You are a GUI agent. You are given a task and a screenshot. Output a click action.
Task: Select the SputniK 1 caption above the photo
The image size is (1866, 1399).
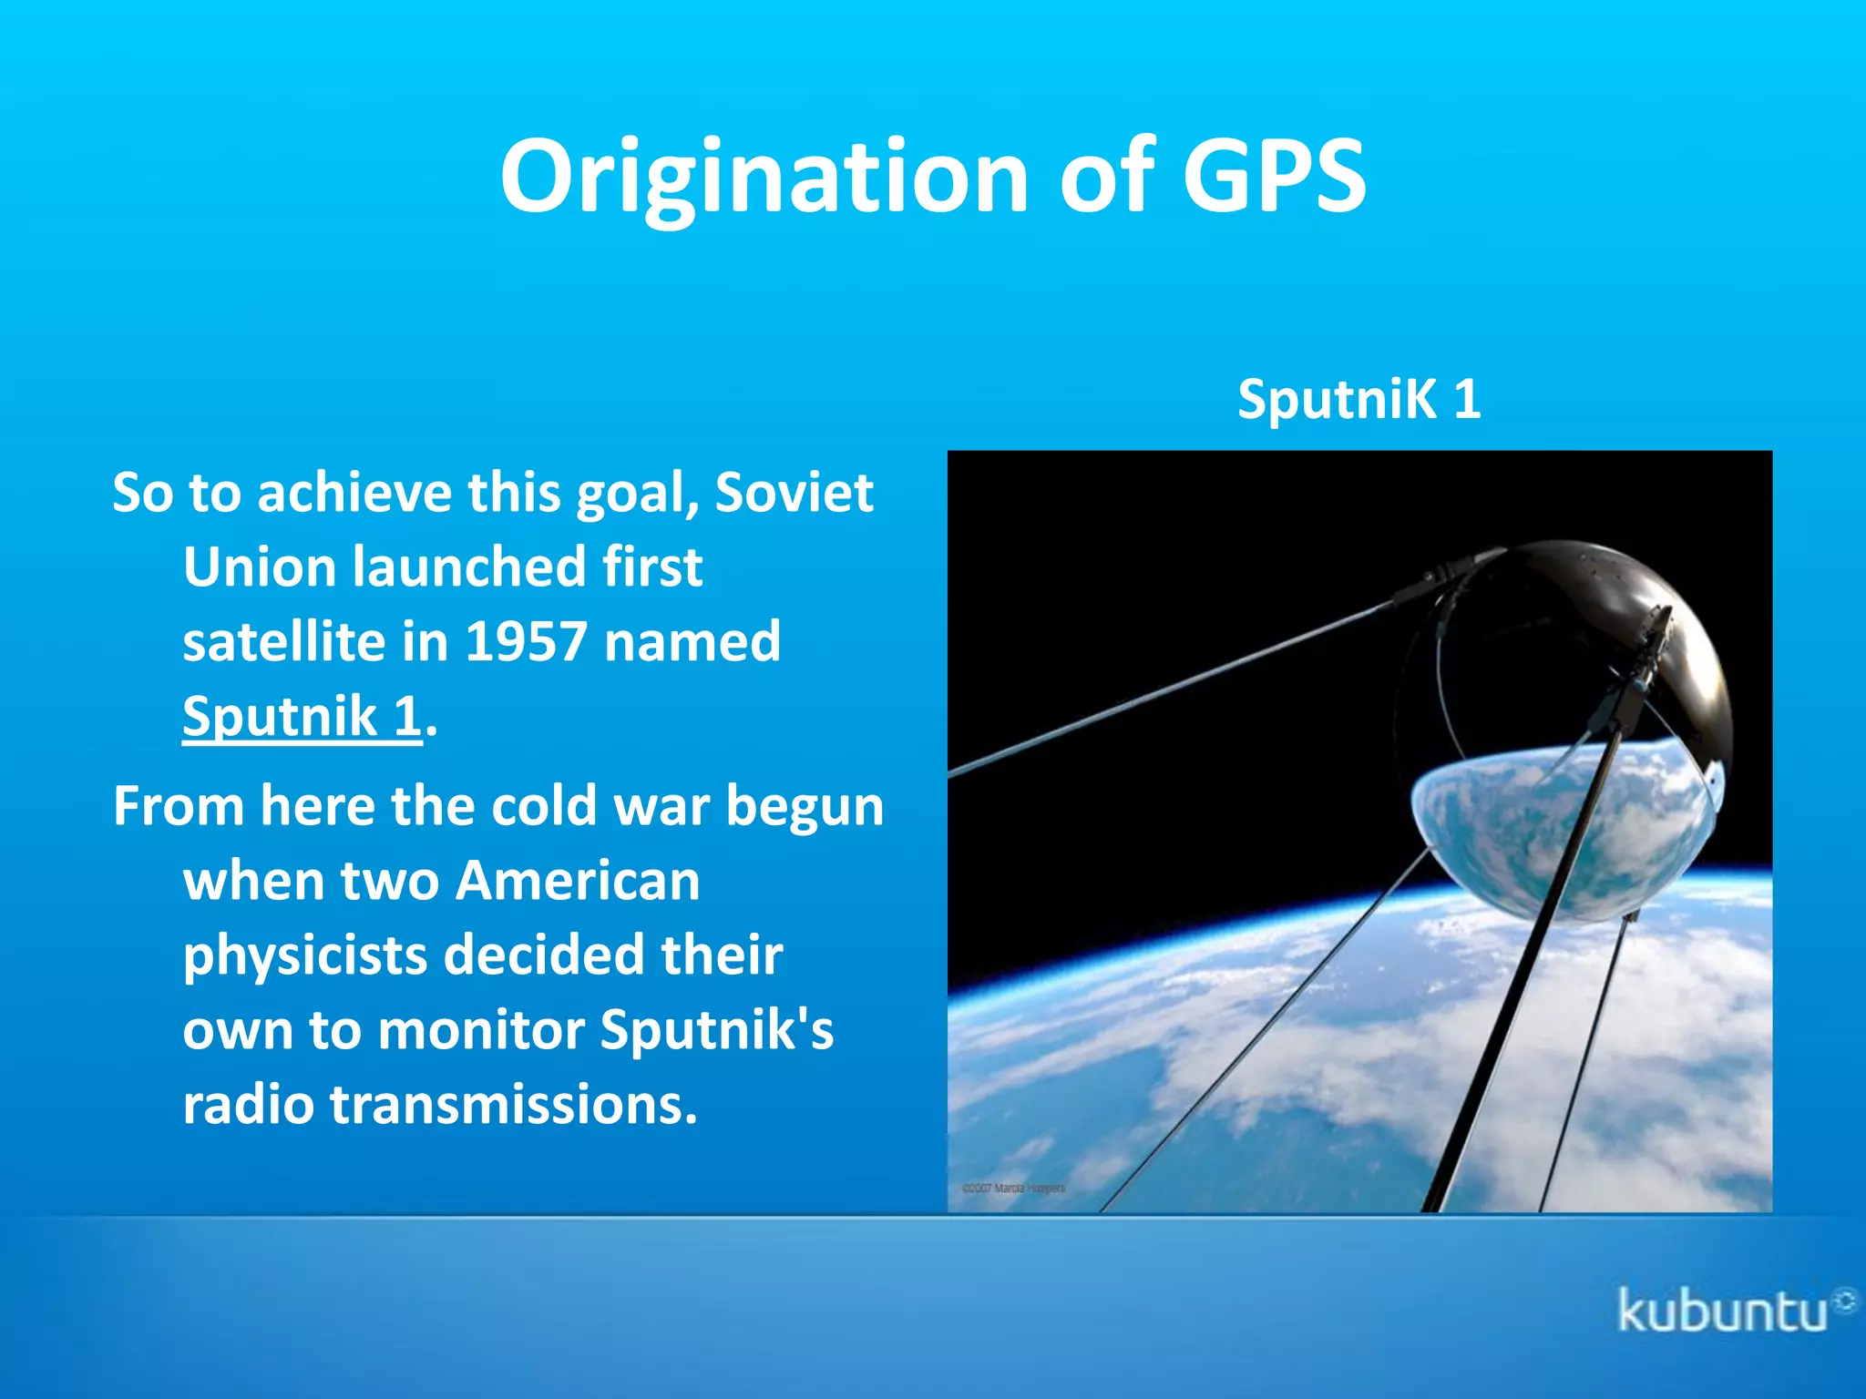click(x=1358, y=399)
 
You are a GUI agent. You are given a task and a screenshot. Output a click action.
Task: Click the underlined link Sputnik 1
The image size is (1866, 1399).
click(x=302, y=716)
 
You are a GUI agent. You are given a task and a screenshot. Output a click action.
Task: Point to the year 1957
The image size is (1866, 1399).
click(x=526, y=641)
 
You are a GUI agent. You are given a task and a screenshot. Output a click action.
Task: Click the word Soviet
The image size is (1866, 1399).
click(x=794, y=493)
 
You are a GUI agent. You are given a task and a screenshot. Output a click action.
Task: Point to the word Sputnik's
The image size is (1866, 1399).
click(x=717, y=1030)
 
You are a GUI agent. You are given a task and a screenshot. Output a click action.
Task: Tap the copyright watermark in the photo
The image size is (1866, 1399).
click(x=1013, y=1188)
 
